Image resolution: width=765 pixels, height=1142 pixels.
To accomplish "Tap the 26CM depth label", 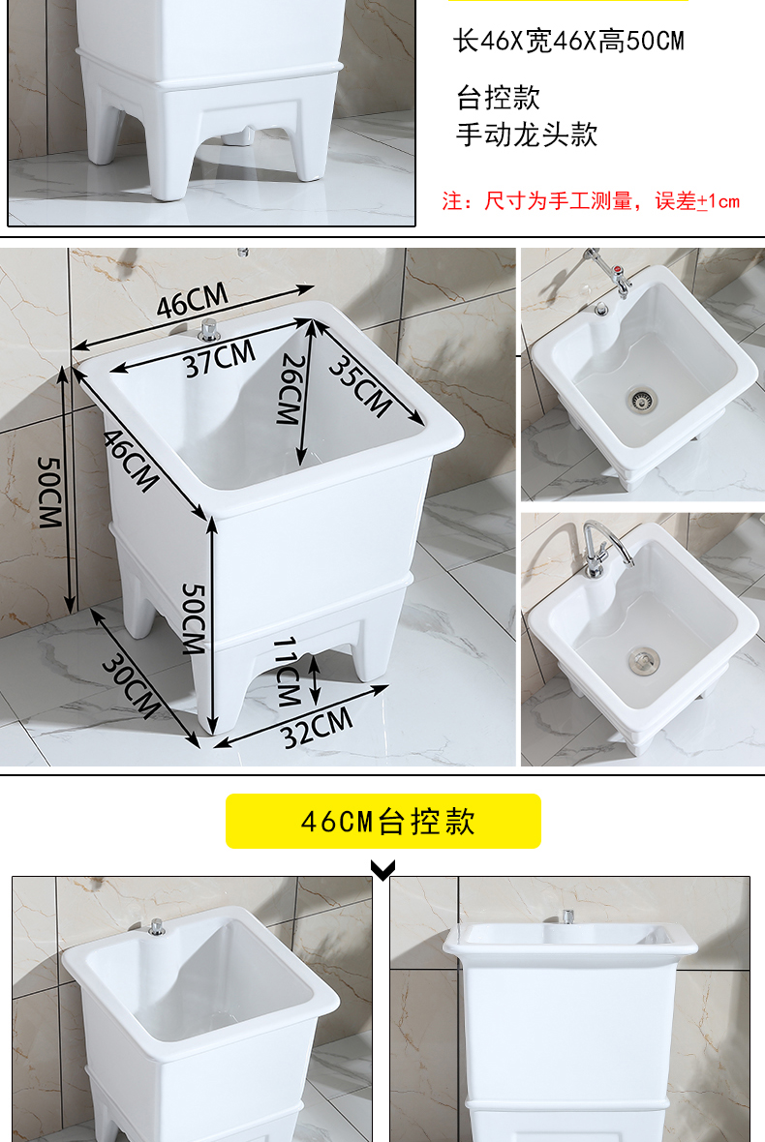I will click(290, 388).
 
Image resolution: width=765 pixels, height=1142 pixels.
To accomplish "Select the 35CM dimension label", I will click(359, 385).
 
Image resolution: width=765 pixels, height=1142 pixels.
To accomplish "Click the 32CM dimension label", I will click(318, 728).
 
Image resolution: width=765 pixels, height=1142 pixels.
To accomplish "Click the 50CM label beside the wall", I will click(48, 492).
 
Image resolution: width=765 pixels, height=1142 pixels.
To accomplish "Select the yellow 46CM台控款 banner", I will click(383, 822).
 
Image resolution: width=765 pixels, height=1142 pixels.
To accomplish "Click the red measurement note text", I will click(591, 201).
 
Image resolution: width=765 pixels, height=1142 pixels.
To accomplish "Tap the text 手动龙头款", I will click(527, 135).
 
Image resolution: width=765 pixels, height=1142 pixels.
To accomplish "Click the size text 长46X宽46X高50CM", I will click(569, 42).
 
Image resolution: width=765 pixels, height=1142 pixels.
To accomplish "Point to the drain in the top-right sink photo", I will click(639, 398).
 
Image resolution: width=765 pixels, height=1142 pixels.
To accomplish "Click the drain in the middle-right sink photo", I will click(640, 661).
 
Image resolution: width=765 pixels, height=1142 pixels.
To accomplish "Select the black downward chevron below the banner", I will click(383, 871).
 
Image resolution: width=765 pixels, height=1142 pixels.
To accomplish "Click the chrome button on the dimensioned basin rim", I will click(208, 329).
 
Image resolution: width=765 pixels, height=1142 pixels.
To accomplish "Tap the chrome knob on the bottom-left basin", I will click(157, 927).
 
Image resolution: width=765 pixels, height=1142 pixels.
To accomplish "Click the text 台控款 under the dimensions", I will click(498, 98).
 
